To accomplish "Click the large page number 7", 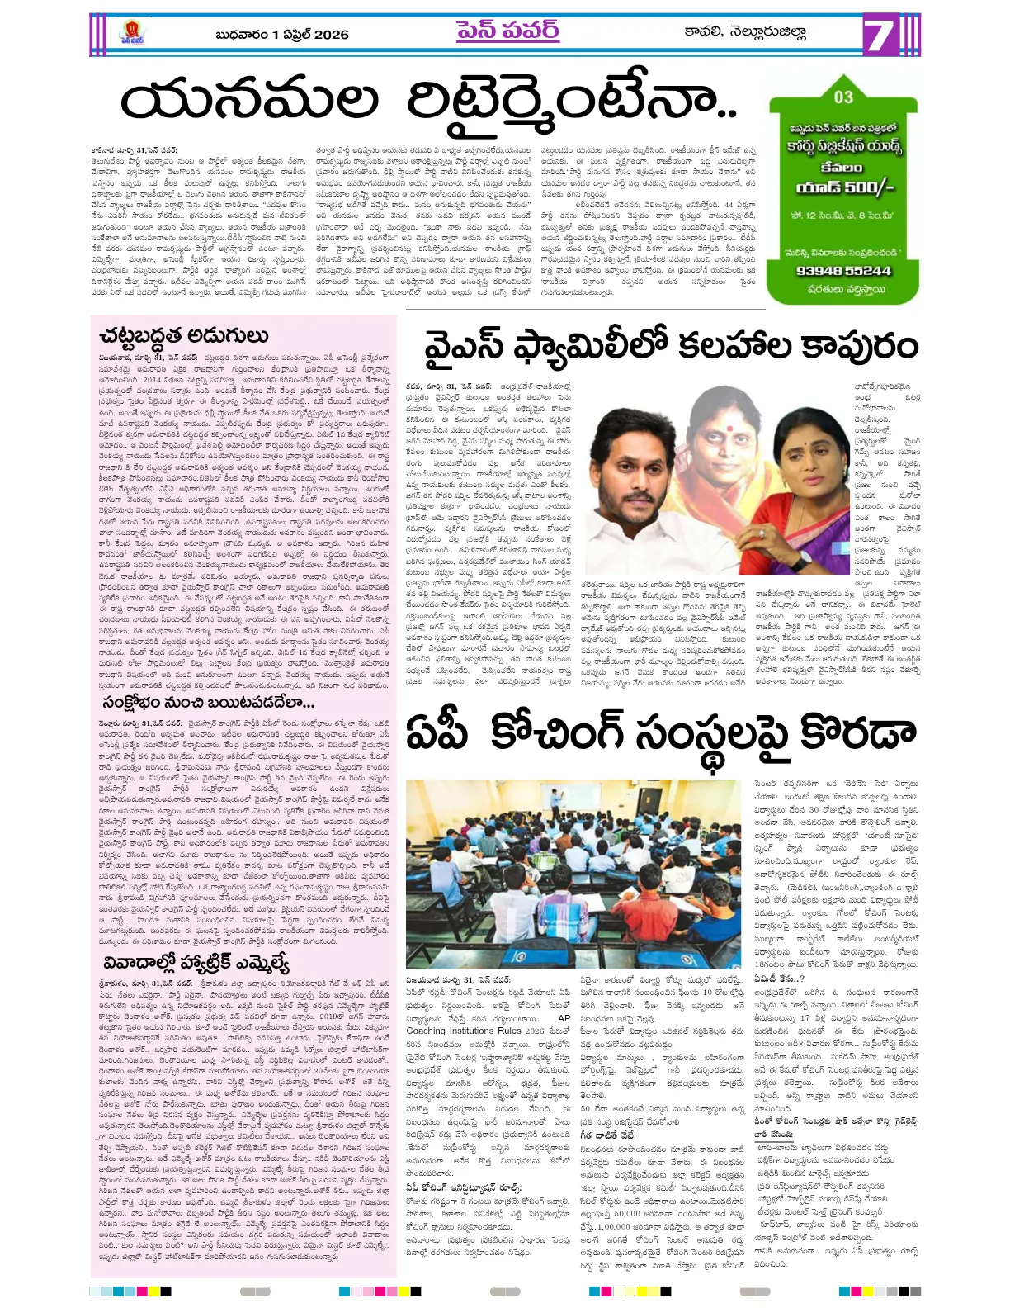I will coord(881,36).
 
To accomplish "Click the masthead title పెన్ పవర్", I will coord(507,31).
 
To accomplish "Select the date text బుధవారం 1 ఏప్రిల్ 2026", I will coord(281,35).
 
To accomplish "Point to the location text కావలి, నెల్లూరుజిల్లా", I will coord(744,32).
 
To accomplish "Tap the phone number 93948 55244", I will coord(842,271).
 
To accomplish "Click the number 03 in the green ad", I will coord(842,97).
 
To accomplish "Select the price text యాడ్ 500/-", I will coord(844,188).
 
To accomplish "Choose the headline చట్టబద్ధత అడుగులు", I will coord(183,335).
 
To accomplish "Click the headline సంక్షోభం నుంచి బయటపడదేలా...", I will coord(208,703).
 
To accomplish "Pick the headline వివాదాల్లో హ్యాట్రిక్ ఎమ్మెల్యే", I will coord(196,963).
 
